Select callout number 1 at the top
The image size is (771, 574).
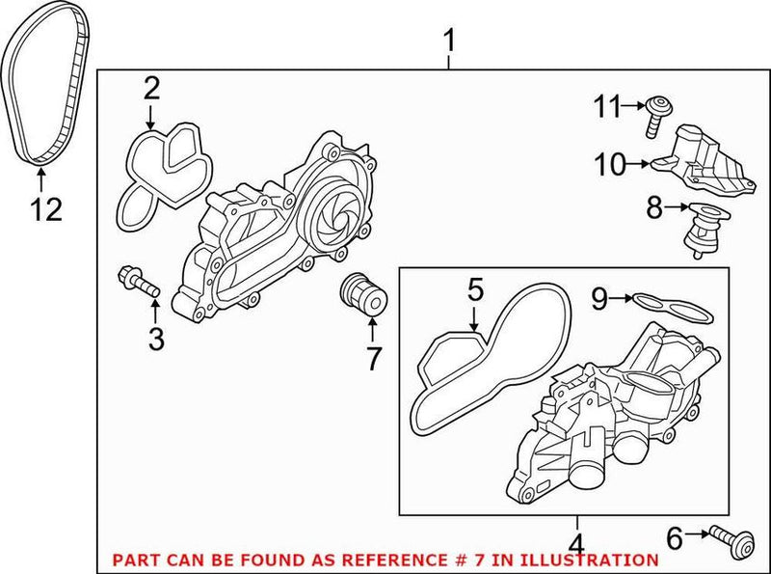pyautogui.click(x=449, y=41)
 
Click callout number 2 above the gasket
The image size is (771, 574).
pyautogui.click(x=151, y=89)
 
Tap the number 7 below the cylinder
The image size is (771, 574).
pyautogui.click(x=374, y=358)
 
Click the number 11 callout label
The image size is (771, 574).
pyautogui.click(x=609, y=107)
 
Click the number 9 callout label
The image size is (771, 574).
pyautogui.click(x=598, y=300)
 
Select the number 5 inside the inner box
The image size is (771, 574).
pyautogui.click(x=473, y=289)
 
